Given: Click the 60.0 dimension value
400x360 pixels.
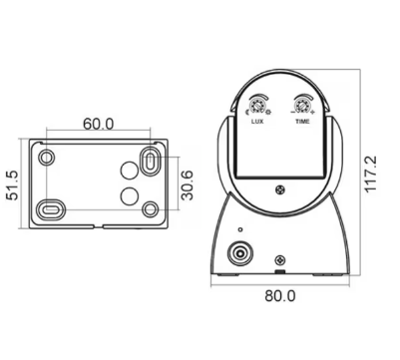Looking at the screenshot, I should coord(98,124).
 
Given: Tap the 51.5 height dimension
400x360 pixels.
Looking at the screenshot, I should coord(13,184).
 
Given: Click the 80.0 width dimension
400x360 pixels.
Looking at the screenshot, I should coord(280,295).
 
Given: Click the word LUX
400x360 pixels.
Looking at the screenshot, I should coord(258,121).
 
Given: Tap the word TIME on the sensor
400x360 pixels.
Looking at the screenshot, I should coord(302,121).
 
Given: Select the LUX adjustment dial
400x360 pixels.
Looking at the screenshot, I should coord(259,106).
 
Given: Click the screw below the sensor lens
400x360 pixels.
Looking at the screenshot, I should coord(280,189).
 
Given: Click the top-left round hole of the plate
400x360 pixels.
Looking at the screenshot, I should coord(46,158).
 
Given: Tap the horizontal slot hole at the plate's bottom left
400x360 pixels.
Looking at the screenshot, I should coord(52,208).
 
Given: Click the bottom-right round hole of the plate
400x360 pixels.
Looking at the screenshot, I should coord(150,208).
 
